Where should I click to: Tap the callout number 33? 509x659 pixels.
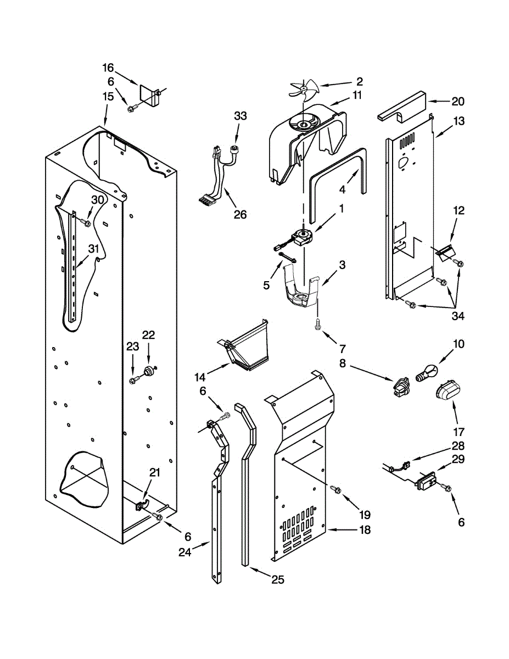coord(240,116)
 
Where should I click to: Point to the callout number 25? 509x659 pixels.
coord(278,580)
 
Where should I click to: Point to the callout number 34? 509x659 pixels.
coord(458,316)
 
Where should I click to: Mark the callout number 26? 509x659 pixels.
coord(240,215)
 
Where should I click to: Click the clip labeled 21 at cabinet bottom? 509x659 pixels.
coord(141,502)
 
